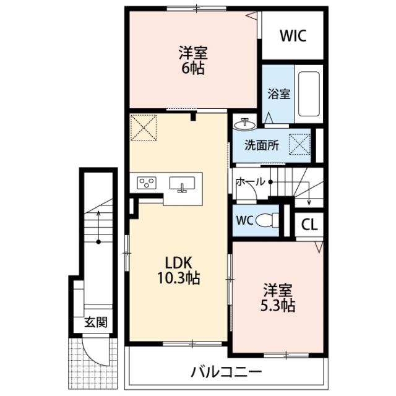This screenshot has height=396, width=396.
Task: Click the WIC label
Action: click(293, 36)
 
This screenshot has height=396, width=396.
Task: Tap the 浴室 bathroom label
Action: click(279, 94)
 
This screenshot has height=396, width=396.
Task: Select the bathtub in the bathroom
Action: click(309, 94)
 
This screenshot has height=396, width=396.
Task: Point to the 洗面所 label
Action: click(262, 145)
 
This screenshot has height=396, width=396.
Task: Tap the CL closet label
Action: click(309, 224)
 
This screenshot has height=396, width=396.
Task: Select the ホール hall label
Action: click(250, 181)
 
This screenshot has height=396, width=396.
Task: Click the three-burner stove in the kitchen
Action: click(147, 183)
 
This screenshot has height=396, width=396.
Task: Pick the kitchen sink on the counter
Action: click(182, 184)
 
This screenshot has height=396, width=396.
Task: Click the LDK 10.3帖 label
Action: click(179, 270)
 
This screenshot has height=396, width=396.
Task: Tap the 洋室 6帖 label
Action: click(193, 60)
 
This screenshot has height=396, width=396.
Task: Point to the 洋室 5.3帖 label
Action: click(278, 298)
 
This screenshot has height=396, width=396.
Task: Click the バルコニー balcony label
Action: click(226, 372)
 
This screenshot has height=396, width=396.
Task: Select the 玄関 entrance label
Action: click(96, 322)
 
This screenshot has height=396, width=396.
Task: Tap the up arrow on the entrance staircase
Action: click(98, 226)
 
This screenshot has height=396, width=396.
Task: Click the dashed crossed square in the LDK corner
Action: click(144, 127)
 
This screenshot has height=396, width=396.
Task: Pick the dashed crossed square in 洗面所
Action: click(299, 144)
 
